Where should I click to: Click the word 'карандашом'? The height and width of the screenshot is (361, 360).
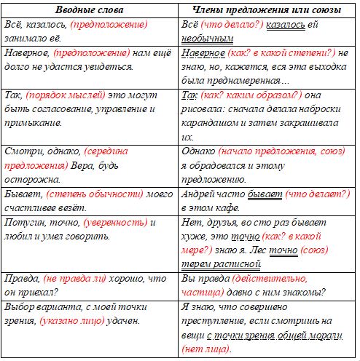pyautogui.click(x=211, y=122)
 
